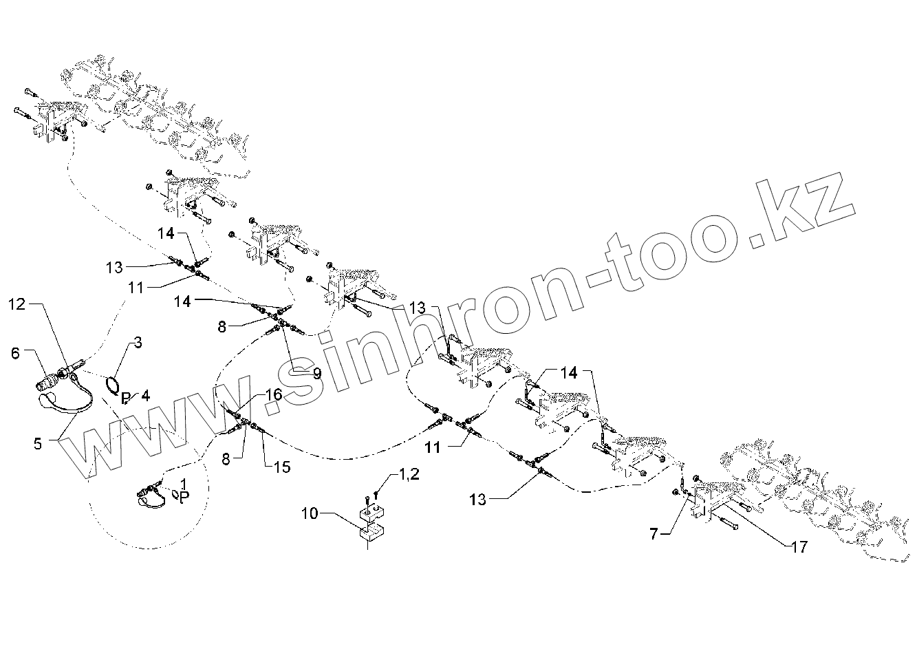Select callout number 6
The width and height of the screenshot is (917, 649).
pyautogui.click(x=15, y=352)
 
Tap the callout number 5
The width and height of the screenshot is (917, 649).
pyautogui.click(x=37, y=443)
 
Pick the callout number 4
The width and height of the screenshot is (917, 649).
pyautogui.click(x=145, y=394)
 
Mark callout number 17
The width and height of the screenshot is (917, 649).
pyautogui.click(x=799, y=548)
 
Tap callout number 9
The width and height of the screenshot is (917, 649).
pyautogui.click(x=316, y=374)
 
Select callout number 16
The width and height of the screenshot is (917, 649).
pyautogui.click(x=274, y=395)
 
